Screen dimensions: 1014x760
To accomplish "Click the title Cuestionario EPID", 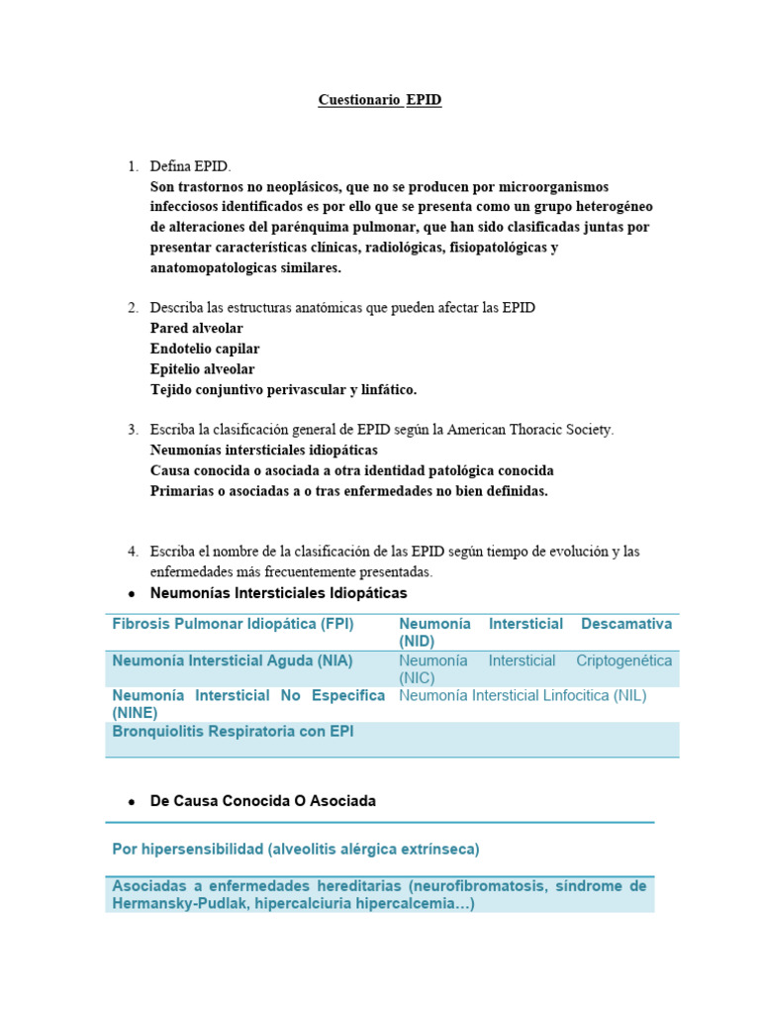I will coord(380,100).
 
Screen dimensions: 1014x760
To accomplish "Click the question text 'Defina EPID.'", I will coord(190,166).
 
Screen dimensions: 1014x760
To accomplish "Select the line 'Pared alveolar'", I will coord(196,328).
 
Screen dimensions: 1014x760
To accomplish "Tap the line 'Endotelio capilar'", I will coord(205,349).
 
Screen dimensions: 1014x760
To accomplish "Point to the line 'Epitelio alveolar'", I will coord(202,369).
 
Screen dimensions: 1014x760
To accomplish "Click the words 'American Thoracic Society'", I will coord(529,430).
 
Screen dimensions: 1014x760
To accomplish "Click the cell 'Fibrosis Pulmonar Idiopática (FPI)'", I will coord(233,625).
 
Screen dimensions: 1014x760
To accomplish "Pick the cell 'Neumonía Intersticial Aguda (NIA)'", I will coord(233,660).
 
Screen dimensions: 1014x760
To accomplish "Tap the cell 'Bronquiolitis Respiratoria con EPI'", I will coord(233,732).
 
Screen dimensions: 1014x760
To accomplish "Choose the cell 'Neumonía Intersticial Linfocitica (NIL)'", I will coord(522,696).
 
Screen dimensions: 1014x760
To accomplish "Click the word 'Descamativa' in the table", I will coord(626,625).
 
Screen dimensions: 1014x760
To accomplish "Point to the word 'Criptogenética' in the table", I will coord(623,660).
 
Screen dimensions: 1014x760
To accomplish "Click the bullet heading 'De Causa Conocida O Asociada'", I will coord(262,801).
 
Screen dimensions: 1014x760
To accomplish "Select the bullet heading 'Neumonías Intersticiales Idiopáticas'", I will coord(278,593).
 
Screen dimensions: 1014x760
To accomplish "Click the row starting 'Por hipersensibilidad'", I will coord(296,850).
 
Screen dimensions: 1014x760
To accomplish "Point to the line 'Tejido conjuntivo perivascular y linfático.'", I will coord(283,390).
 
